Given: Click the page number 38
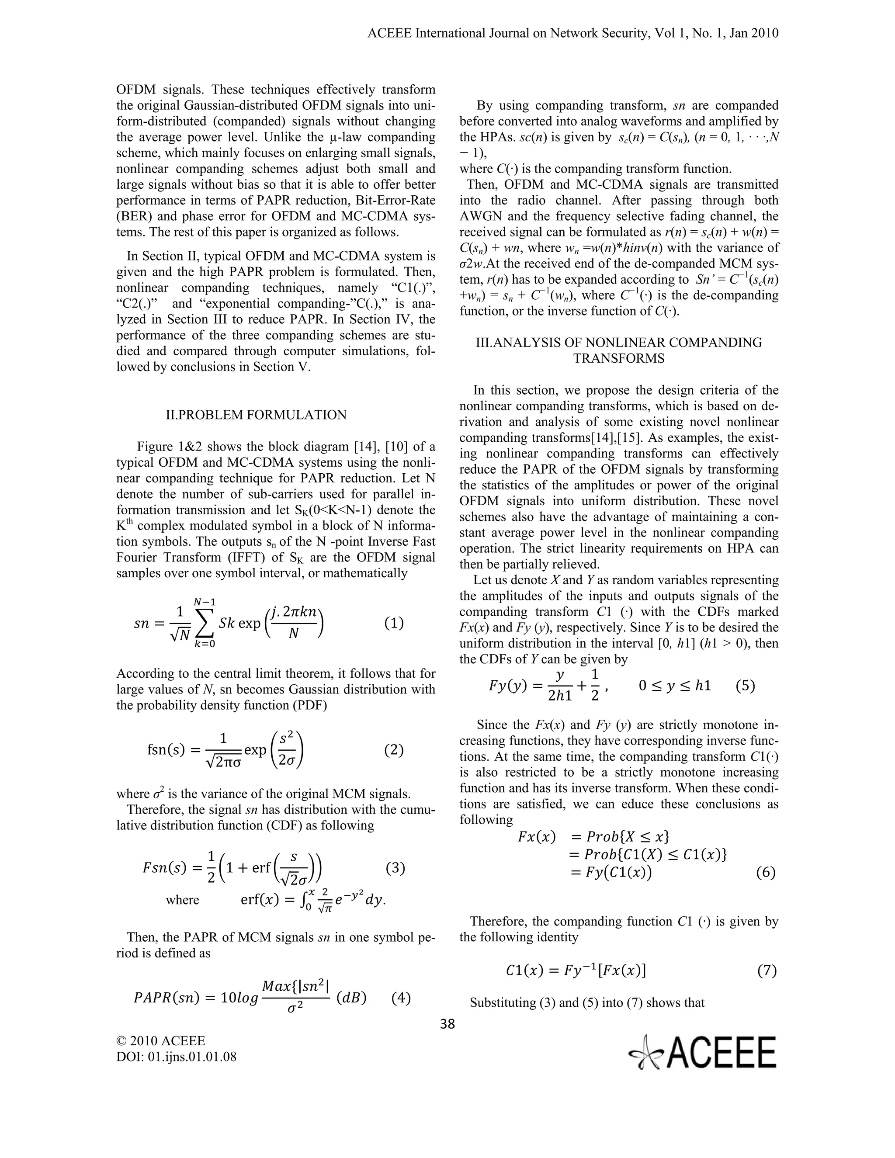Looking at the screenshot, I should pos(447,1024).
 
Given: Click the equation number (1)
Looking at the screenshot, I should pos(393,623).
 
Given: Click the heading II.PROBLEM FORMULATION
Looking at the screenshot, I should pos(256,415).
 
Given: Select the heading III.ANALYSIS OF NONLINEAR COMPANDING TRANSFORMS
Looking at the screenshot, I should pos(619,350).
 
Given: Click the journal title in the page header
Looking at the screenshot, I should pos(572,33).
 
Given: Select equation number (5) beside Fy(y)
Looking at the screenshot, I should pos(746,686).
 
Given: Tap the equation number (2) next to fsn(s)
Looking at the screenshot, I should pos(393,750).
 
